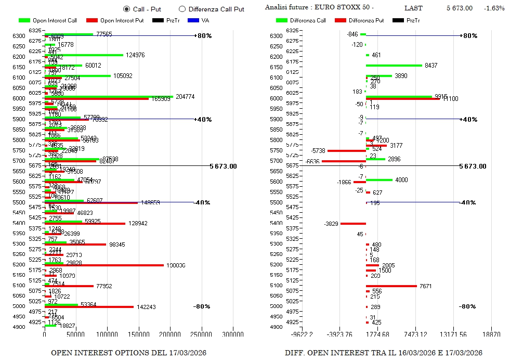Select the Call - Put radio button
click(126, 9)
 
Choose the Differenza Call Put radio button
click(182, 9)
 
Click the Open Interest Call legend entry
click(47, 20)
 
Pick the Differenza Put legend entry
click(359, 20)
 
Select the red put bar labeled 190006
click(104, 265)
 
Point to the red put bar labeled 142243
click(89, 307)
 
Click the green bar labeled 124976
click(84, 55)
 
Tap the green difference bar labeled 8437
click(394, 66)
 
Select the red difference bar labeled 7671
click(391, 286)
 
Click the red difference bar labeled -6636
click(344, 161)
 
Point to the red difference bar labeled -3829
click(353, 224)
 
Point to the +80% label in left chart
click(203, 36)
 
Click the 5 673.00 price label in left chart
click(223, 166)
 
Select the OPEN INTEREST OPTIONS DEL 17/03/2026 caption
click(128, 353)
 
